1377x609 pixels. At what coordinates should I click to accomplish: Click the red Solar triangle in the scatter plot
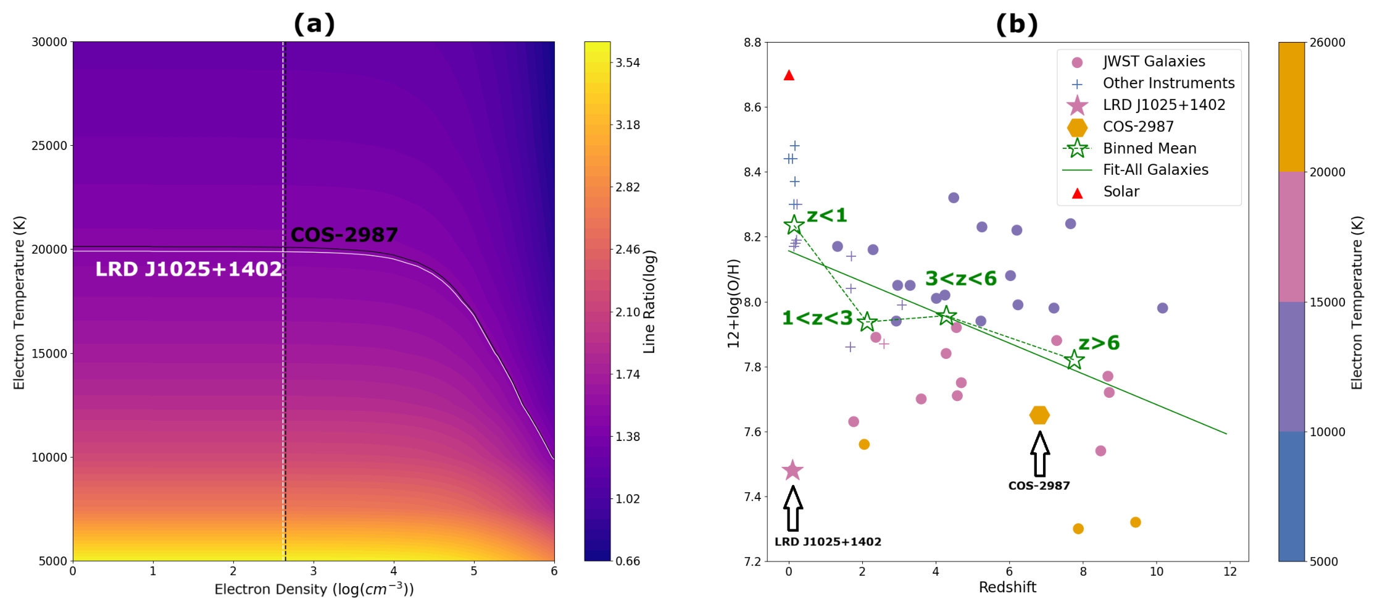(789, 75)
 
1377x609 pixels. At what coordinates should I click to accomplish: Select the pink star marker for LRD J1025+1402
(793, 470)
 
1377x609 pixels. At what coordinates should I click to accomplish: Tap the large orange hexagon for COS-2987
(1040, 415)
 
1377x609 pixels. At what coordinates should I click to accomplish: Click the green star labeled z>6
(1075, 359)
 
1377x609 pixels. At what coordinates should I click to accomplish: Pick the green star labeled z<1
(794, 224)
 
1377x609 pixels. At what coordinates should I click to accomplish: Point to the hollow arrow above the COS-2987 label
(1040, 454)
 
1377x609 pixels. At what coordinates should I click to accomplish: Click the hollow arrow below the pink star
(793, 508)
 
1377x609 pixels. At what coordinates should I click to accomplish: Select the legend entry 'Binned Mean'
(1149, 148)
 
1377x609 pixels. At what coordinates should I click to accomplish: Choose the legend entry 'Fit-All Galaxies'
(1155, 170)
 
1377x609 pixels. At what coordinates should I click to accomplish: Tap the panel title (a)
(314, 23)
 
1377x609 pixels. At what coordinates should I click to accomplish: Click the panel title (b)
(1017, 23)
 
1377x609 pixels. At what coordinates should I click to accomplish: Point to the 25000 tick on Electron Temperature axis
(49, 146)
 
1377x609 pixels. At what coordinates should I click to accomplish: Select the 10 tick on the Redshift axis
(1157, 572)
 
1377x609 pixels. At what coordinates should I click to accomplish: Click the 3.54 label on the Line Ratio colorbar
(628, 62)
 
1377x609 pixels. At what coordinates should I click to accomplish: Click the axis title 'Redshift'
(1007, 587)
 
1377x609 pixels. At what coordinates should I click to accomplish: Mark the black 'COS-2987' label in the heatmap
(344, 235)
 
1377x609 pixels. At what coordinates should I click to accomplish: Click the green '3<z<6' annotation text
(961, 279)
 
